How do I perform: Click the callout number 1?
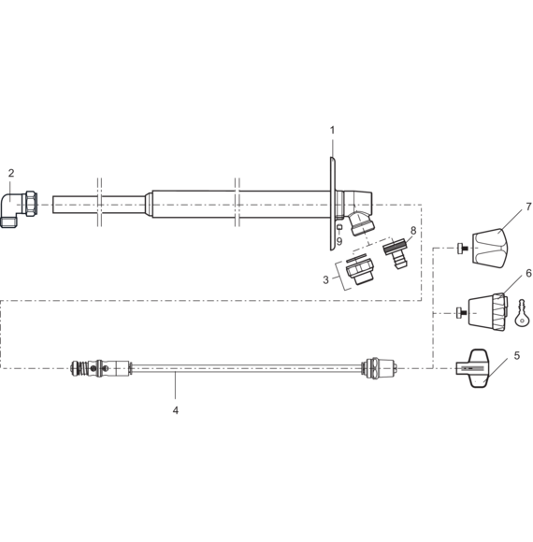332,130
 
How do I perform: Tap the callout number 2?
11,173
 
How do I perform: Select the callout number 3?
325,279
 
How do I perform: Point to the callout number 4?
176,410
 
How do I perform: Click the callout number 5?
517,355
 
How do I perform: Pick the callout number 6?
528,273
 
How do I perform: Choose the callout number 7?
528,207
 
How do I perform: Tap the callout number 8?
413,230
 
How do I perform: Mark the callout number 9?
339,241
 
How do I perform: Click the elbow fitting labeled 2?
19,208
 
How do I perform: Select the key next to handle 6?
521,313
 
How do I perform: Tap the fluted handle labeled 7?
490,248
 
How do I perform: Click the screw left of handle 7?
463,248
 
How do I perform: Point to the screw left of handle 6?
462,313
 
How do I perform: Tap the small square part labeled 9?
339,227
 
